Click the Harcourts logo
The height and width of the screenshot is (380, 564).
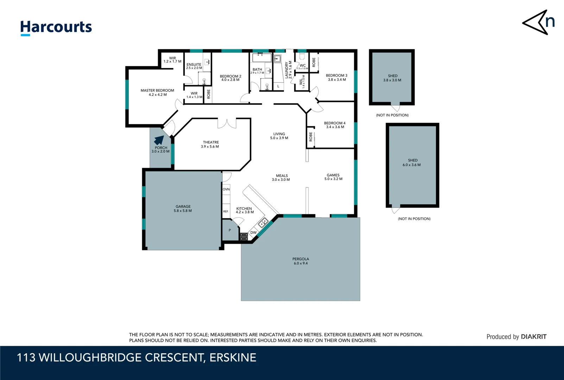(56, 27)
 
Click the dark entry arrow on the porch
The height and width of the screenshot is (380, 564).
(159, 140)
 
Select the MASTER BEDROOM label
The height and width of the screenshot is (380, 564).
(157, 93)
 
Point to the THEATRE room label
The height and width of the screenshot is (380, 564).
(210, 144)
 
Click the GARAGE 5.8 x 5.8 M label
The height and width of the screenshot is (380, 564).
(183, 209)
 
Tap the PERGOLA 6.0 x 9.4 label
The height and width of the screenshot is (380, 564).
(300, 261)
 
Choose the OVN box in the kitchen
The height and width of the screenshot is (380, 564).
(226, 189)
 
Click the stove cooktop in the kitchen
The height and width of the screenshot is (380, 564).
(243, 236)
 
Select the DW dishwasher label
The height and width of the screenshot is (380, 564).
(253, 233)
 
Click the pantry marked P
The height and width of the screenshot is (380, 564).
(230, 230)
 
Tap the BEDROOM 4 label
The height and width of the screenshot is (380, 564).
(335, 125)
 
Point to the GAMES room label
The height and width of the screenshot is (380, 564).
(333, 177)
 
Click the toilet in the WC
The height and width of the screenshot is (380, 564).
(302, 57)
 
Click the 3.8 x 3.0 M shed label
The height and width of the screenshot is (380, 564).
(392, 78)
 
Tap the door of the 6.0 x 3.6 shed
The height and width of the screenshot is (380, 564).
(396, 210)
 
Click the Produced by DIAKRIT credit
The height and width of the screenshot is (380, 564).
(516, 337)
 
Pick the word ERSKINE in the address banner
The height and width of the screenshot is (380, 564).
(233, 357)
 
